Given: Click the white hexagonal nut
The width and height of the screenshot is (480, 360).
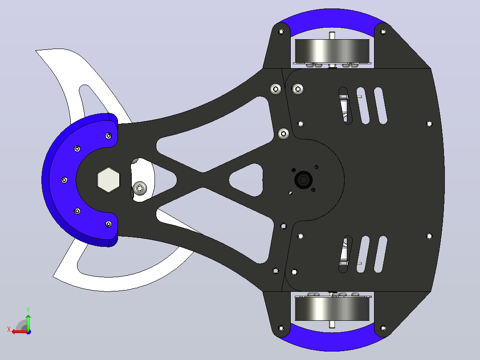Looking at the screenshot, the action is point(108,180).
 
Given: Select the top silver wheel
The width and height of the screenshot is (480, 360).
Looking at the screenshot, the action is point(332,51).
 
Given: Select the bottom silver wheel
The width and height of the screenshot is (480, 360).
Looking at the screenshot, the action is point(332,309).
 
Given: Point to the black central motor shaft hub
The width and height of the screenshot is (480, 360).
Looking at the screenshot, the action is point(303,180).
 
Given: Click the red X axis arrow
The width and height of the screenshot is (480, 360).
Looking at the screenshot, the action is point(20,331).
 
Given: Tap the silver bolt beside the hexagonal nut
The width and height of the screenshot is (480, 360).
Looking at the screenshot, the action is point(140,188).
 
